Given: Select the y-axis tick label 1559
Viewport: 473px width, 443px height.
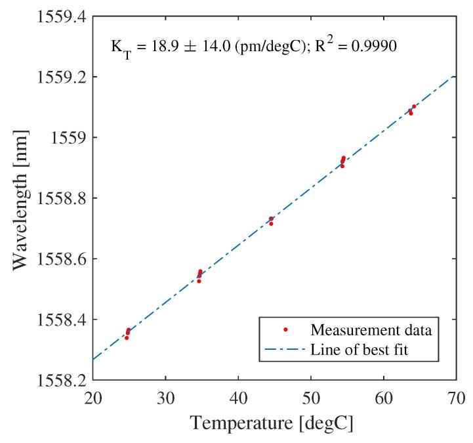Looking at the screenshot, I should click(68, 138).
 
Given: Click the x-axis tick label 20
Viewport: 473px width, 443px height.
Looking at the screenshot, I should click(93, 398).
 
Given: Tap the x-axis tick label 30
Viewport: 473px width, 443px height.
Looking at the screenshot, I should click(165, 398).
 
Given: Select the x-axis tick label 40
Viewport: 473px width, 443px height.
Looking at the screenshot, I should click(238, 398).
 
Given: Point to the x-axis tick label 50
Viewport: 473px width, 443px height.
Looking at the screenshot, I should click(311, 398).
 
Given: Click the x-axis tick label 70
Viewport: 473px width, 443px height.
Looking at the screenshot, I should click(456, 398).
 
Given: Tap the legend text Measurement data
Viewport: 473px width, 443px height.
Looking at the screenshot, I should click(375, 328).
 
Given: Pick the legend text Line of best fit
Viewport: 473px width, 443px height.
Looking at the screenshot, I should click(360, 350).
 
